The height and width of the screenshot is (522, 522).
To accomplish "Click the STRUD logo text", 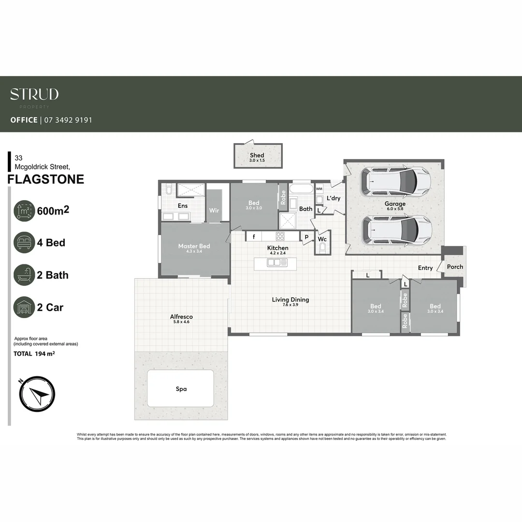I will tap(34, 94).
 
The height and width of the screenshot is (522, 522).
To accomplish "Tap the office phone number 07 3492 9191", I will tap(68, 120).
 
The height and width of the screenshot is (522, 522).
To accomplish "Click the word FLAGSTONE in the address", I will tap(46, 179).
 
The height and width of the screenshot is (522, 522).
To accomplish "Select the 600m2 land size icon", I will tap(24, 211).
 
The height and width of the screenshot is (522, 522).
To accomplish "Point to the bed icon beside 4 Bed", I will tap(24, 243).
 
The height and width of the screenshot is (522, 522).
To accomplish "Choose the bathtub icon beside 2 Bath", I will tap(24, 275).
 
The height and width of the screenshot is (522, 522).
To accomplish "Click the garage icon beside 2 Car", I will tap(24, 307).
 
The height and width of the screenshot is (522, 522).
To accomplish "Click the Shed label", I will tap(257, 155).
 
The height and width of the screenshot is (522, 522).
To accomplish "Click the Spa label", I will tap(181, 389).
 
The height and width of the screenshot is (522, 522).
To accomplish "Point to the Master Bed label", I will tap(194, 246).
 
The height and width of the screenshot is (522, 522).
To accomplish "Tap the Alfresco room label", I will tap(181, 317).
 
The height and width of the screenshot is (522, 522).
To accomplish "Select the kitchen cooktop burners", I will tap(281, 236).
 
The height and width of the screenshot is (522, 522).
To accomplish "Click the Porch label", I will tap(455, 267).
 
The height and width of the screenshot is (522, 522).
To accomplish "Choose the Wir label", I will tap(214, 211).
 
